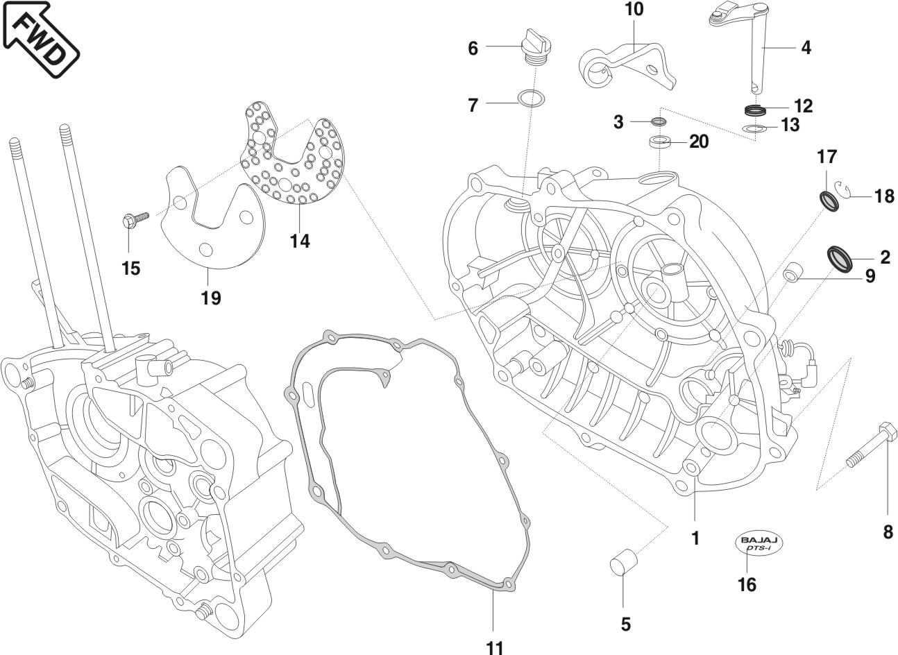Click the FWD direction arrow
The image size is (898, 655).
40,38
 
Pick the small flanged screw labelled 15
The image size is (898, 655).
135,220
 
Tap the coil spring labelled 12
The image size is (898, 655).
755,110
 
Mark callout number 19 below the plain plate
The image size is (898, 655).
211,298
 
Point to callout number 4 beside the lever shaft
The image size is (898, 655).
805,48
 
